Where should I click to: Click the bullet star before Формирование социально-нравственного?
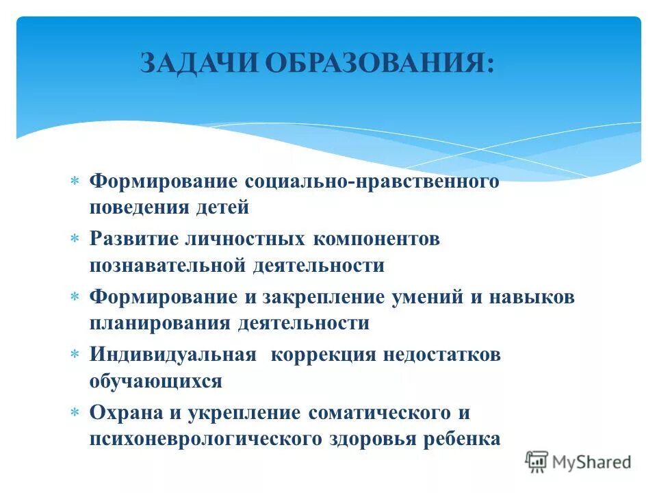75,182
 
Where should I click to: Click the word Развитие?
131,240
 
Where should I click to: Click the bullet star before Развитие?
75,240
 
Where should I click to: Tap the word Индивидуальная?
172,355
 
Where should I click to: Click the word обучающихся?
155,380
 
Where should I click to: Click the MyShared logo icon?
537,462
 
